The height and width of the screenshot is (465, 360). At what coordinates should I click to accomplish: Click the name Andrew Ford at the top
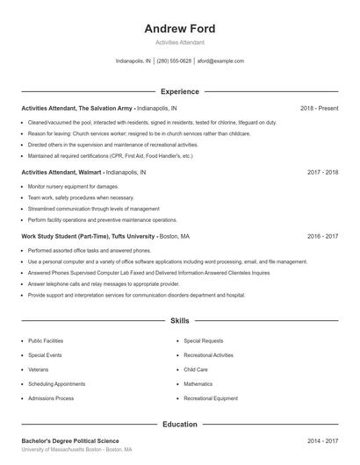point(179,29)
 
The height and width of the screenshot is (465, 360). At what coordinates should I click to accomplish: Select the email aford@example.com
point(220,61)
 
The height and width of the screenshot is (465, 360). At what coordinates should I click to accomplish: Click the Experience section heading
point(179,91)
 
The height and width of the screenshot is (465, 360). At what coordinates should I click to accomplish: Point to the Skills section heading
point(179,322)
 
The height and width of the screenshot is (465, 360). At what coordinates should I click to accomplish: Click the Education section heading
point(179,425)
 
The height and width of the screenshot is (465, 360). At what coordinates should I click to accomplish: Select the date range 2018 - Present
point(319,109)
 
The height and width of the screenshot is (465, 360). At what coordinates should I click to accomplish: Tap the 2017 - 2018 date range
point(322,173)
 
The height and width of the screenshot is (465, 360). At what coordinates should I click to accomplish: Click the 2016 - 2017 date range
point(322,237)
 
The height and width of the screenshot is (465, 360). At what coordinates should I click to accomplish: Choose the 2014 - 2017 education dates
point(322,440)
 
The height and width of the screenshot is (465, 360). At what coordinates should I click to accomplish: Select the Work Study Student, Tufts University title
point(88,237)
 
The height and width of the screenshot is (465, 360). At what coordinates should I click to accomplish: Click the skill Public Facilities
point(46,340)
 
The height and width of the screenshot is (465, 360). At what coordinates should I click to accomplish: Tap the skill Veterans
point(39,369)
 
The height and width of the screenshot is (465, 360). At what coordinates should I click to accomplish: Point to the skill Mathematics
point(198,384)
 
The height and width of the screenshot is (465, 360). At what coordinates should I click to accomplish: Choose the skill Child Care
point(196,369)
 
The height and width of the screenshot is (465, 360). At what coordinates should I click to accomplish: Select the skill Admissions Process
point(51,398)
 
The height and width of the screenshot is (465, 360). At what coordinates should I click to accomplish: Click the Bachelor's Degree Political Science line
point(70,440)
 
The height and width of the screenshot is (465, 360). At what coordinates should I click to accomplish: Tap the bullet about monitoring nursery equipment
point(73,187)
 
